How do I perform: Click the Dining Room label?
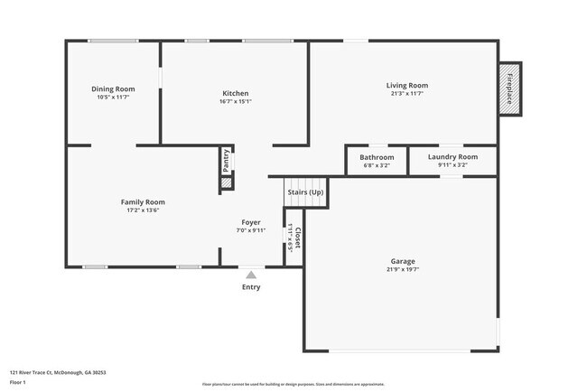coord(113,89)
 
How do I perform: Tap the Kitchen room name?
coord(236,93)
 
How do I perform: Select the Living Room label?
coord(408,85)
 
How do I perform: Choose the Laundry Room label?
coord(452,157)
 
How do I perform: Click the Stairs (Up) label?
coord(305,192)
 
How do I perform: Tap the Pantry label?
coord(226,161)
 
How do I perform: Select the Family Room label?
coord(143,201)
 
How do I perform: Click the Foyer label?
coord(251,222)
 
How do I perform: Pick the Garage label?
coord(404,262)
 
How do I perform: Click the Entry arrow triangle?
coord(251,274)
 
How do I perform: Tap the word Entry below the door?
coord(251,287)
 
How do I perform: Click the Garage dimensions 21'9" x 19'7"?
coord(404,270)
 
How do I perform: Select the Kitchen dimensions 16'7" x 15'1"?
coord(236,101)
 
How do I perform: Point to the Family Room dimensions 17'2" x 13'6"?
coord(143,210)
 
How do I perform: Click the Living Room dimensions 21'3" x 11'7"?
coord(408,93)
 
